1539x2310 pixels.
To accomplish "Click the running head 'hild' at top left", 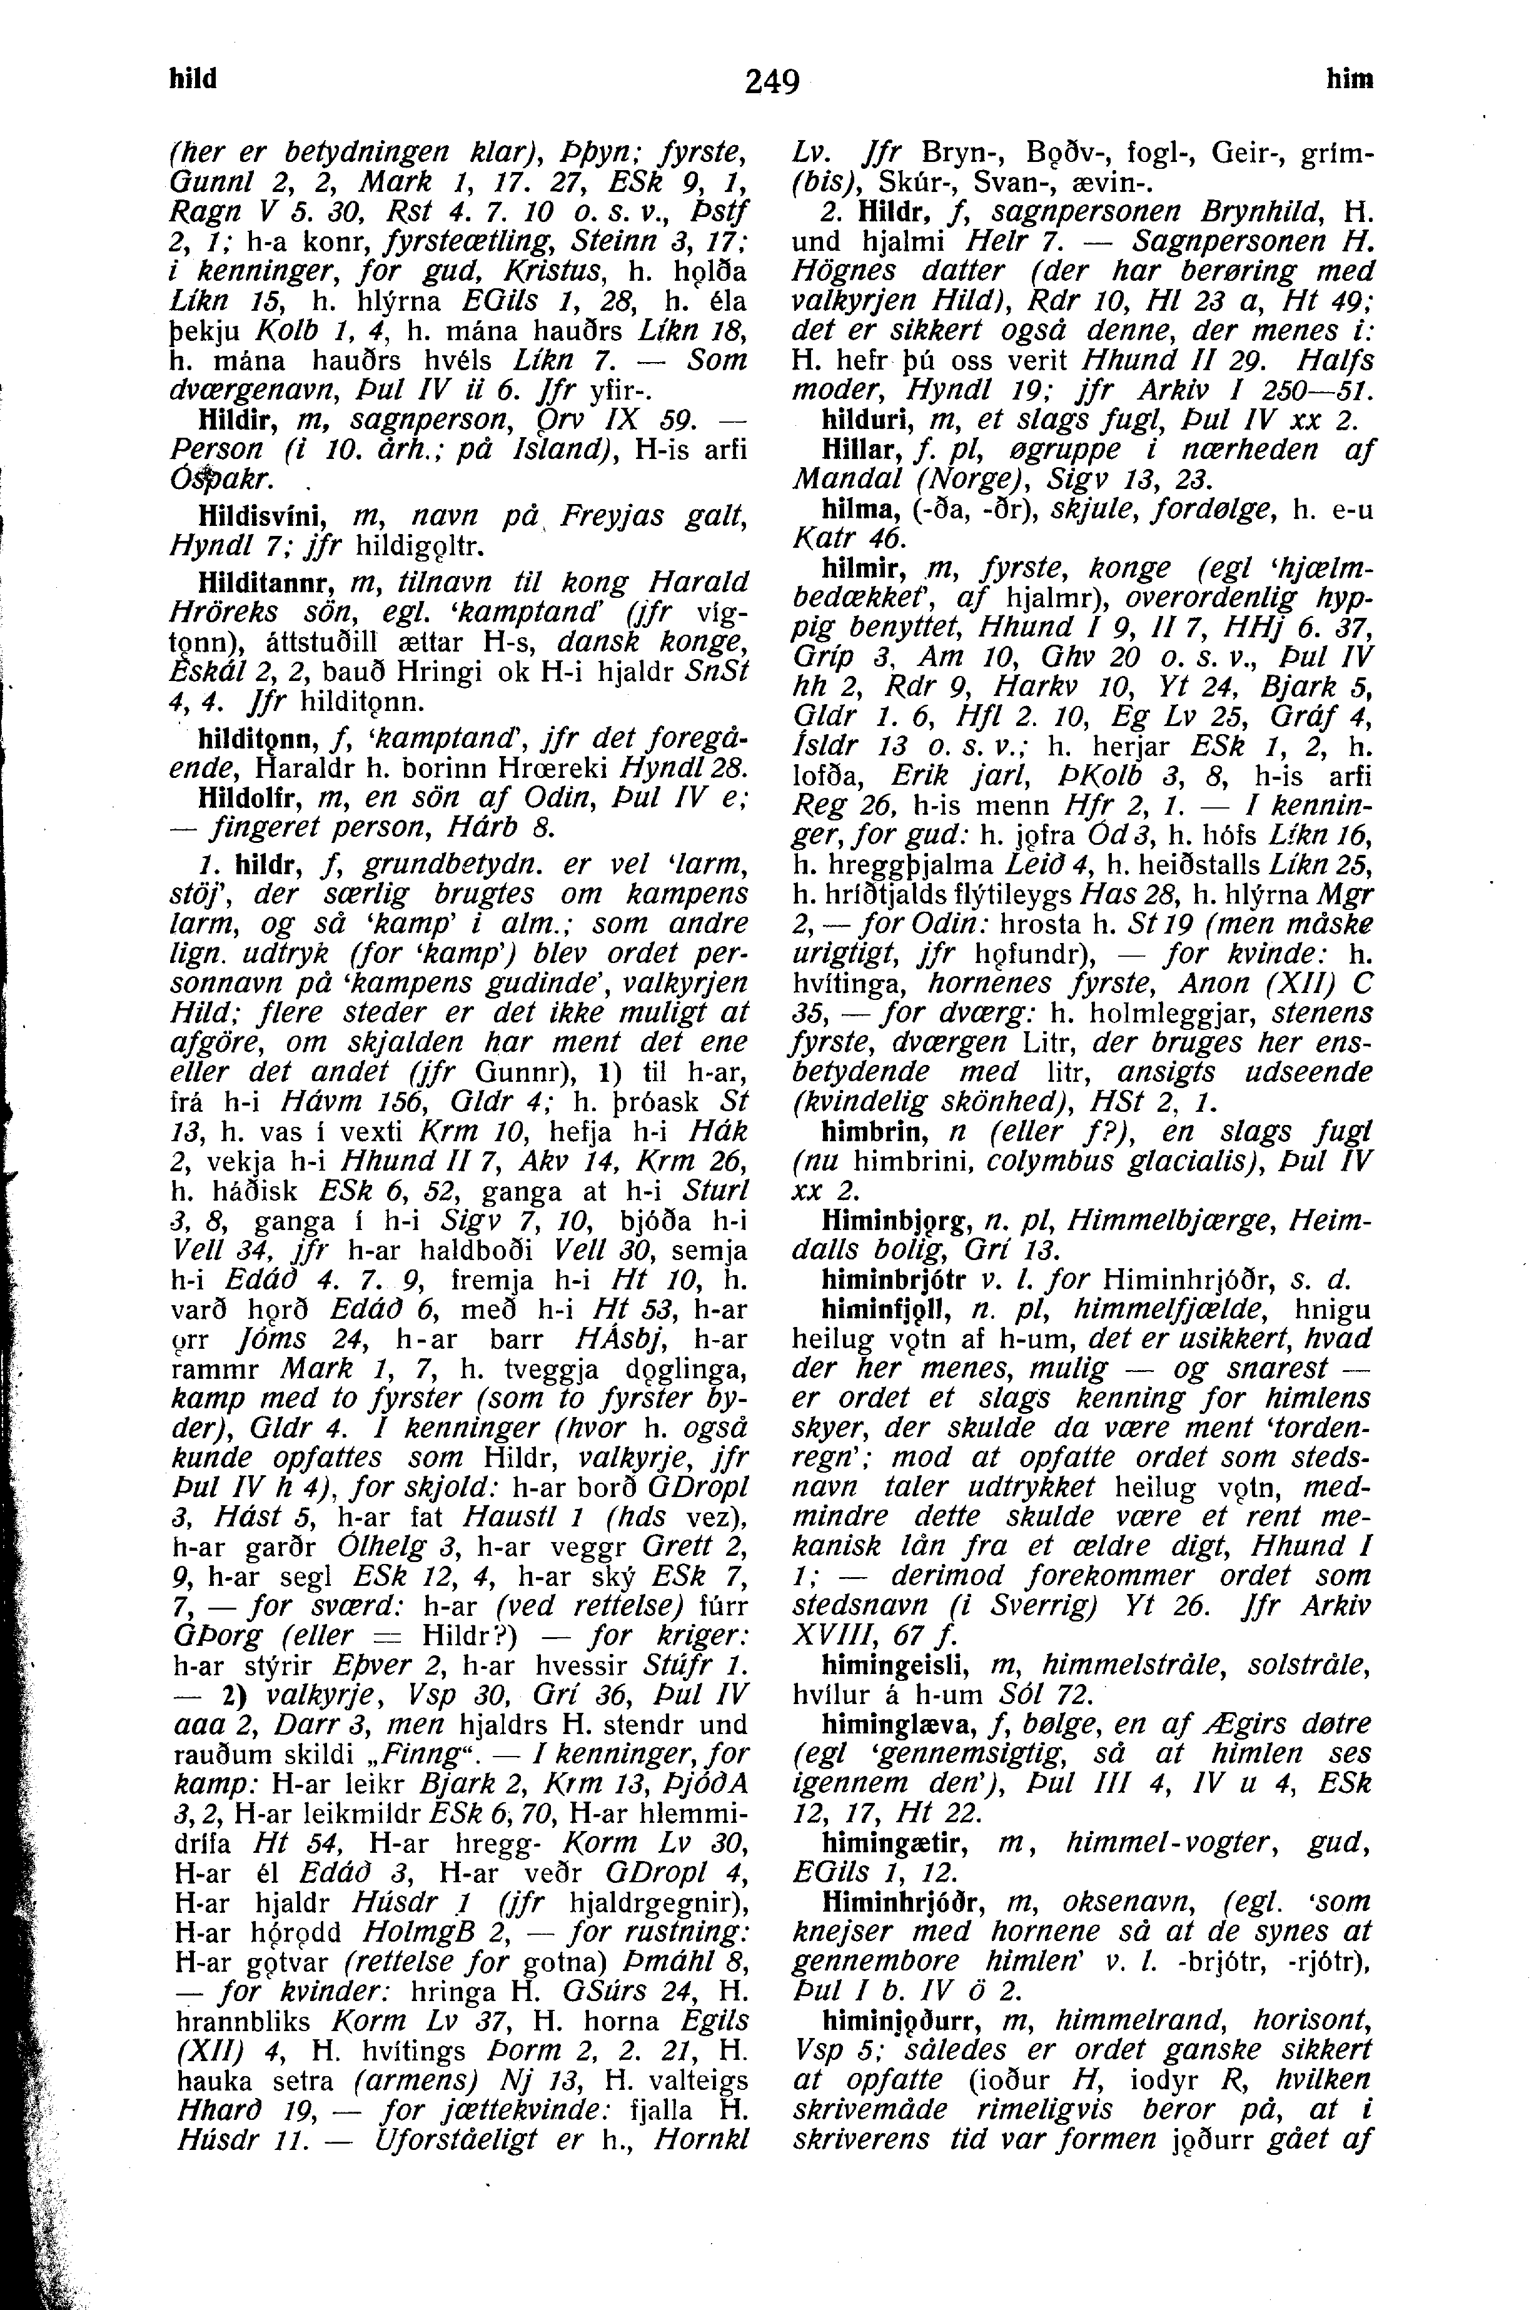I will pyautogui.click(x=194, y=79).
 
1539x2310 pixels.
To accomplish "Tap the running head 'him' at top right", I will pyautogui.click(x=1350, y=81).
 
